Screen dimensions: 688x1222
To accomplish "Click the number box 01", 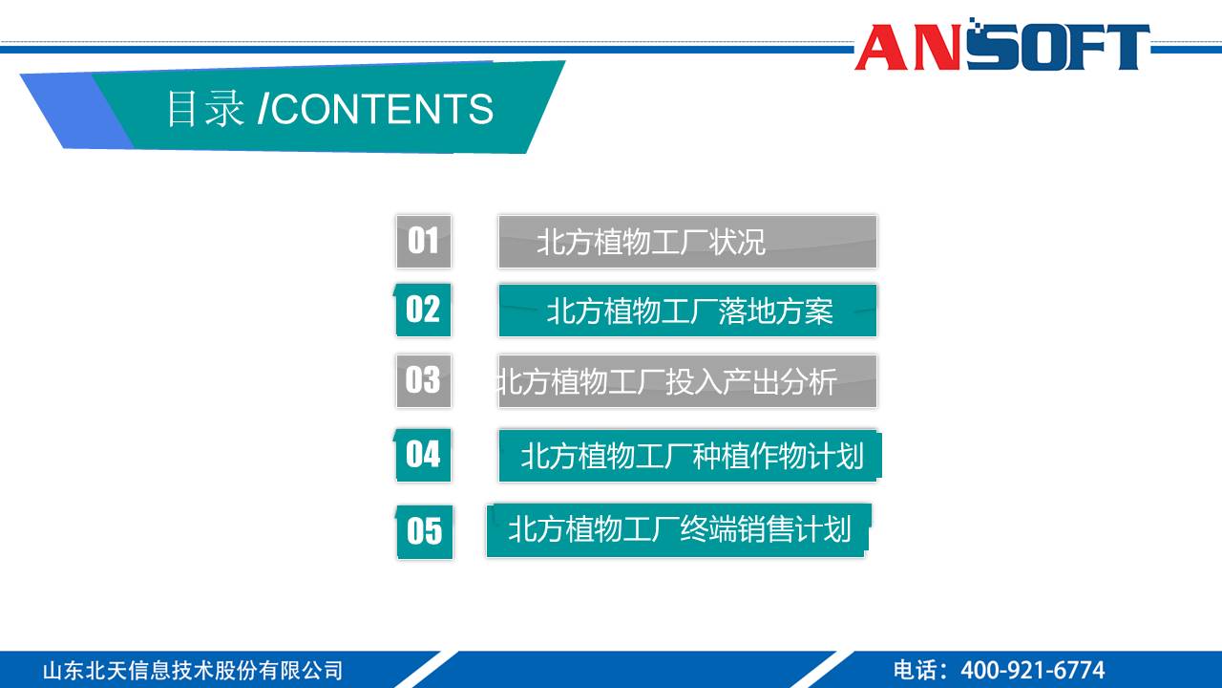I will tap(423, 241).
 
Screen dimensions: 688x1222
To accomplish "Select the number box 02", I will tap(423, 310).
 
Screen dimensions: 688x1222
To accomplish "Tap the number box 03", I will tap(423, 380).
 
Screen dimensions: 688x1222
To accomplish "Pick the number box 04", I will tap(423, 455).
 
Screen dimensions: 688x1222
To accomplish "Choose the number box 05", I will tap(425, 531).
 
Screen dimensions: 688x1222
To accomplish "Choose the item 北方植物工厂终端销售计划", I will tap(679, 529).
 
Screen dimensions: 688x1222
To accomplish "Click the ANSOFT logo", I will tap(1001, 47).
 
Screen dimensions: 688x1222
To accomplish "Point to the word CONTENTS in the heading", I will tap(383, 110).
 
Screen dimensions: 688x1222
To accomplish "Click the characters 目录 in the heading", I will tap(205, 110).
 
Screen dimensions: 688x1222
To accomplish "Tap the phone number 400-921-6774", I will tap(1032, 670).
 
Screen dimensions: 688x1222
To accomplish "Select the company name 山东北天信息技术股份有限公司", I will tap(192, 670).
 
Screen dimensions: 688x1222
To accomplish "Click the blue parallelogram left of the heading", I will tap(76, 111).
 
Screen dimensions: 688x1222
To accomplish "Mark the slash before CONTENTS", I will tap(263, 110).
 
